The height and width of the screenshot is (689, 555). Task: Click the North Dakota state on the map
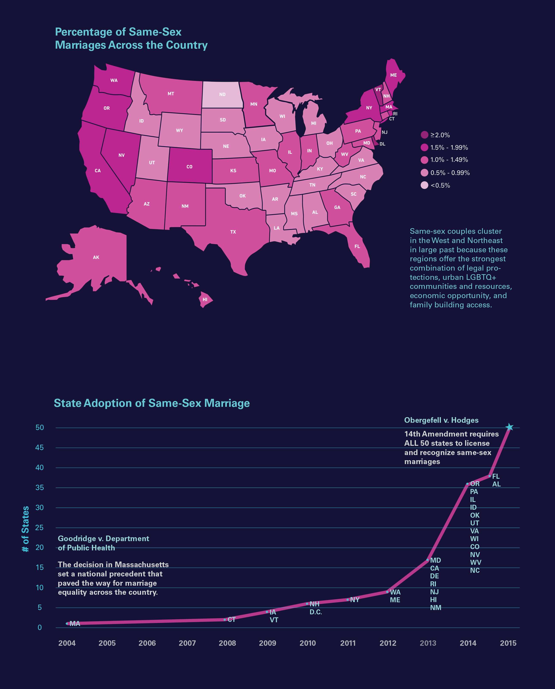[222, 94]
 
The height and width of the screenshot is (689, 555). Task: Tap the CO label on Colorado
[189, 167]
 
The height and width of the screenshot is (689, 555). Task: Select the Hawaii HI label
[205, 300]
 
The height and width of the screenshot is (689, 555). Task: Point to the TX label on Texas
[233, 232]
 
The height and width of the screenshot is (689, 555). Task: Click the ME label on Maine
[393, 75]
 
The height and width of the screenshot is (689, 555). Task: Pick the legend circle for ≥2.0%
[424, 135]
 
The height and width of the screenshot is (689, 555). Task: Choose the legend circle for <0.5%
[424, 185]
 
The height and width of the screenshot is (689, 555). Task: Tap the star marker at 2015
[509, 427]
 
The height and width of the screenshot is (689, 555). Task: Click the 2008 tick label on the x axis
[227, 643]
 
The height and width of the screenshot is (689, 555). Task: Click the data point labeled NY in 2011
[348, 600]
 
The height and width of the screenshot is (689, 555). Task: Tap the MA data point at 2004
[67, 623]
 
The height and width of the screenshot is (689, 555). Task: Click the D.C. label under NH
[315, 612]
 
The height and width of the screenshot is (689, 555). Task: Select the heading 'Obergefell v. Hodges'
[441, 420]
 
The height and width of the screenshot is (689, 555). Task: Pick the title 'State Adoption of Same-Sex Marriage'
[152, 403]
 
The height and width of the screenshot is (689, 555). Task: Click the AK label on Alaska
[96, 257]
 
